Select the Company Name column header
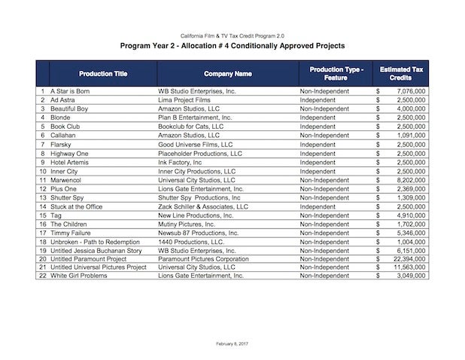[x=227, y=74]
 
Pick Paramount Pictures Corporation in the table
[x=203, y=258]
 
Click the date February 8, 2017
[x=232, y=343]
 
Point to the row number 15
[x=43, y=215]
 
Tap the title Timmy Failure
[x=72, y=233]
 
